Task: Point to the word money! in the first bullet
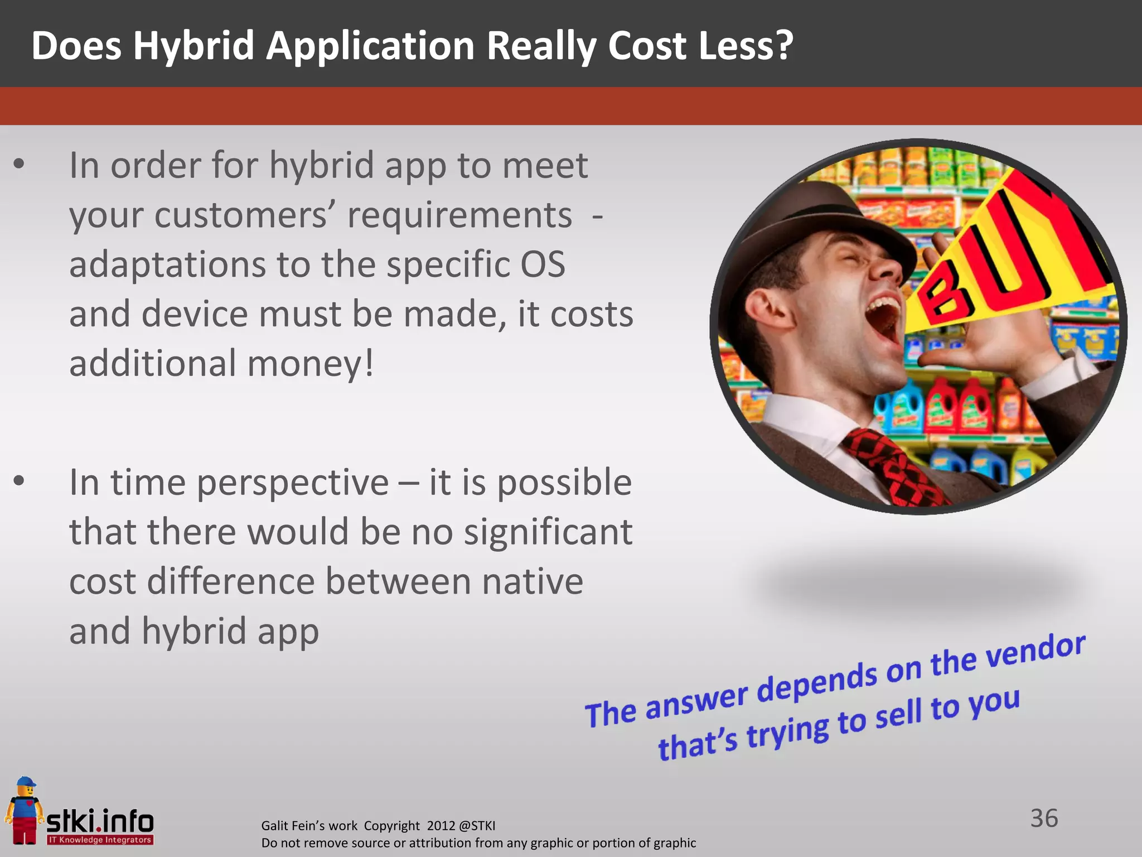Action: click(x=310, y=364)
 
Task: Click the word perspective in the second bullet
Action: click(x=293, y=483)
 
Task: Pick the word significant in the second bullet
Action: click(x=548, y=532)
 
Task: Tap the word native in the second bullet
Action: click(x=532, y=582)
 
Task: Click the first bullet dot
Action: click(x=20, y=164)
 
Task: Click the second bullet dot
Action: click(x=20, y=480)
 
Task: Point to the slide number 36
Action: click(x=1044, y=819)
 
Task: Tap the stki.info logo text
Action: click(x=100, y=821)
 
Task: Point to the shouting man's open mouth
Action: click(x=884, y=321)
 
